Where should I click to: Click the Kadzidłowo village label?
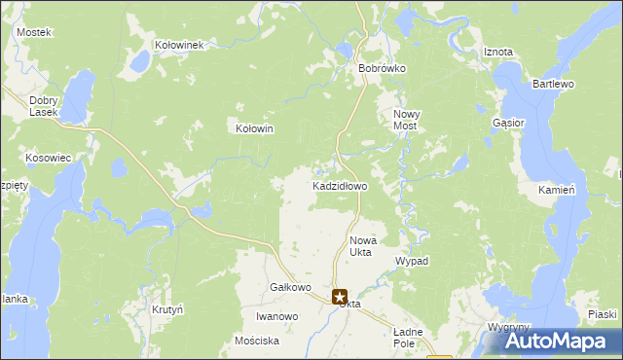tap(339, 186)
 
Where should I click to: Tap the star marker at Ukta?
tap(340, 298)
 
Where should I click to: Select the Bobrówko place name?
tap(382, 69)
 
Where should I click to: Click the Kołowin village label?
tap(255, 128)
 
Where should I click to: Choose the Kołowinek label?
tap(178, 45)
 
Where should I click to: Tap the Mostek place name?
tap(33, 32)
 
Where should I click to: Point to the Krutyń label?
tap(168, 309)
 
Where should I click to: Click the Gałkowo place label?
tap(289, 288)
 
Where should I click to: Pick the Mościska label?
tap(257, 342)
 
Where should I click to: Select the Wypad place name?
tap(411, 262)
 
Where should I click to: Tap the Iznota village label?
tap(497, 53)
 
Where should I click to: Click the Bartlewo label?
tap(553, 85)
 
